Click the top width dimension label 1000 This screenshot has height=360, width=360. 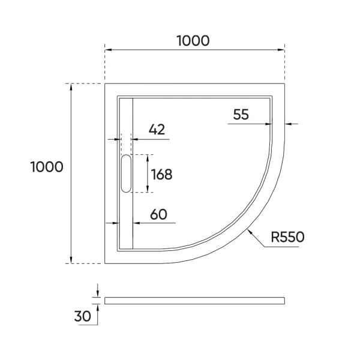pyautogui.click(x=193, y=41)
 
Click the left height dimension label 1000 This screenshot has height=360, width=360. pyautogui.click(x=46, y=167)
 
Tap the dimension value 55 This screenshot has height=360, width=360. pyautogui.click(x=241, y=115)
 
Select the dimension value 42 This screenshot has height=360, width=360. pyautogui.click(x=156, y=129)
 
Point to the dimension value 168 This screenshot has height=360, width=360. pyautogui.click(x=161, y=175)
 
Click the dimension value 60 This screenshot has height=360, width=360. pyautogui.click(x=158, y=214)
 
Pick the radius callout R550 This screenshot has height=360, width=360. pyautogui.click(x=287, y=237)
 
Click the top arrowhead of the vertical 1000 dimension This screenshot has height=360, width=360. pyautogui.click(x=72, y=86)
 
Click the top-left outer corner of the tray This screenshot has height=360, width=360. pyautogui.click(x=105, y=83)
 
